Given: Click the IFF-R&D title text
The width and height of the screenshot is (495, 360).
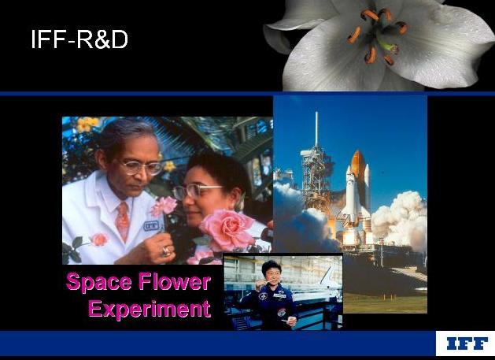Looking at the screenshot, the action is pos(79,39).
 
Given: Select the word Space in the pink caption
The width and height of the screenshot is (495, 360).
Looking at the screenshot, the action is pos(99,281).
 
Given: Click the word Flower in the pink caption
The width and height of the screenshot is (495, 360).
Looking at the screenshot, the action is pos(175,281).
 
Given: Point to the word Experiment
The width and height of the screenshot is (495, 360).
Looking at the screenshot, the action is pos(150,309).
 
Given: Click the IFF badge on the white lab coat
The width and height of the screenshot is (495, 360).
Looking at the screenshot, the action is pos(151,226).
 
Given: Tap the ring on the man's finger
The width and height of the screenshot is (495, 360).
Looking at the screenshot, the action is pos(166,251).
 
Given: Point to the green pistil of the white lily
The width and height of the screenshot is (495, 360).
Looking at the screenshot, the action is pos(386,45).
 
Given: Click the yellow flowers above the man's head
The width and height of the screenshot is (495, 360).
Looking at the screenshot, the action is pos(87,124).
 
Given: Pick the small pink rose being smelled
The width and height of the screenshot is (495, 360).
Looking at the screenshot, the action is pos(164,206).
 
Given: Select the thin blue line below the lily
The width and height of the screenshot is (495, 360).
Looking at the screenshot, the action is pos(247,94).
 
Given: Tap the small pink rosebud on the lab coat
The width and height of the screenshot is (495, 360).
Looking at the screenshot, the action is pos(99,239).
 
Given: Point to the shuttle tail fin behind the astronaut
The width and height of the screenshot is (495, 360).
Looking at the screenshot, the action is pos(327,275).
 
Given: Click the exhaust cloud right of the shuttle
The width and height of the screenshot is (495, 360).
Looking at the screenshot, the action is pos(399,218).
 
